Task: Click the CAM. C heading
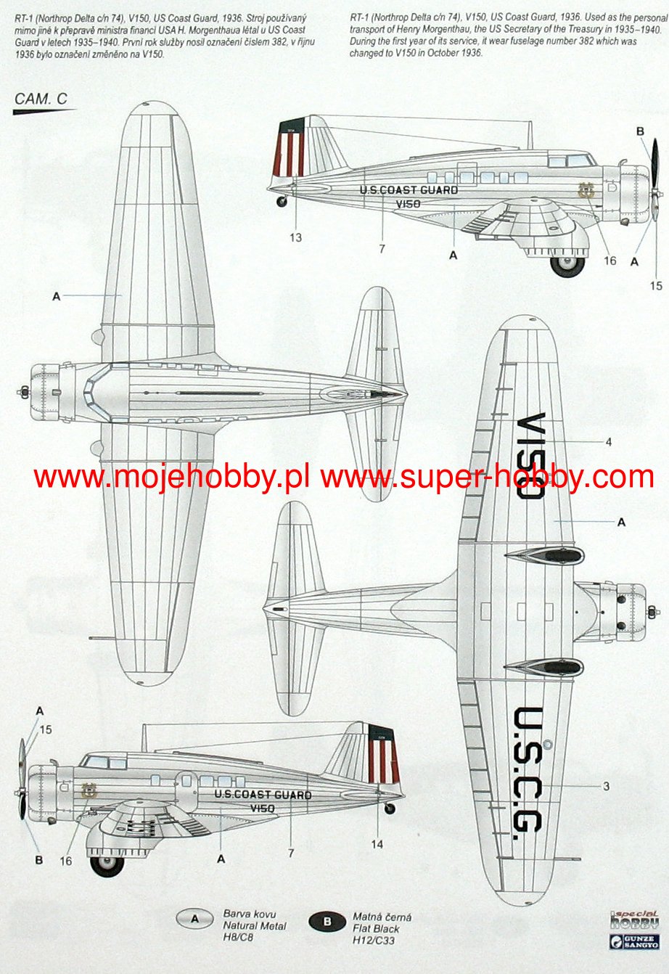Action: [x=41, y=99]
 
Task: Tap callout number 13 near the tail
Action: [x=295, y=237]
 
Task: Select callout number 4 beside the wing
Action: [x=608, y=442]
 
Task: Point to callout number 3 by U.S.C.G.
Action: [x=606, y=786]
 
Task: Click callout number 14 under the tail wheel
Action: [x=377, y=844]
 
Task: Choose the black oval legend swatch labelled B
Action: [x=327, y=922]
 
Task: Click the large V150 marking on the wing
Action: [x=532, y=455]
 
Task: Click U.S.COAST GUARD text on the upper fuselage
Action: [x=409, y=190]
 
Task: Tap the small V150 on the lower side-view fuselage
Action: [x=262, y=809]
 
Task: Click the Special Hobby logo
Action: [x=634, y=920]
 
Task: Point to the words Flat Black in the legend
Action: [x=376, y=928]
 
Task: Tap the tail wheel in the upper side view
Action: [x=282, y=202]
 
